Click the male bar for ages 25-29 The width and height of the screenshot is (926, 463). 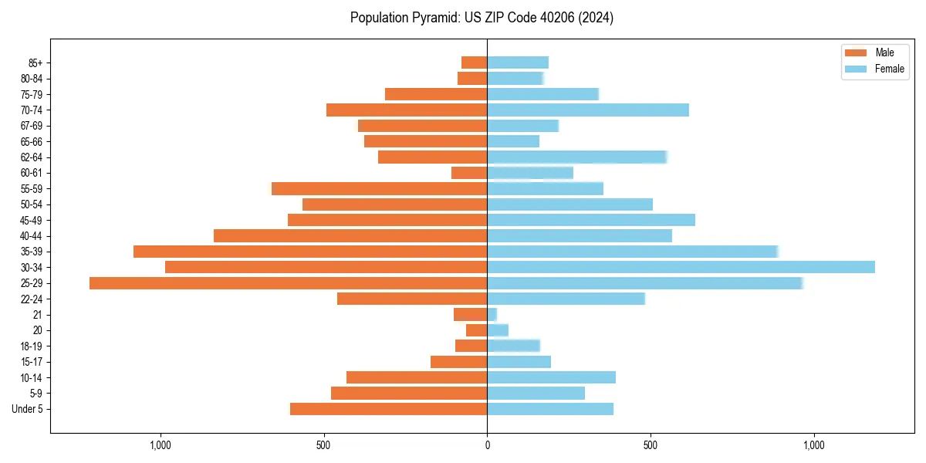(x=288, y=283)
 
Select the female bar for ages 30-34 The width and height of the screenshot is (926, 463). (x=681, y=267)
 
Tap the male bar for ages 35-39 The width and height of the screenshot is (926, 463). (x=310, y=252)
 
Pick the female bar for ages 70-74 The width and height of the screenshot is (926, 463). (x=587, y=110)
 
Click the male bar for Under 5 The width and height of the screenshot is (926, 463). (x=388, y=409)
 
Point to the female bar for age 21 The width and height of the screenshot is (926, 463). (x=492, y=315)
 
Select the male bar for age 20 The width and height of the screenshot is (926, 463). (x=476, y=330)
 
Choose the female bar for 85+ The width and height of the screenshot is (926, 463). (x=518, y=63)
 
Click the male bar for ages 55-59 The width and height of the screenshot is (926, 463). (x=379, y=188)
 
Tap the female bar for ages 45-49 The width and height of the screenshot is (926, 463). (x=591, y=220)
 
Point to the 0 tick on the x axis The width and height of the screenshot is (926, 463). (x=487, y=445)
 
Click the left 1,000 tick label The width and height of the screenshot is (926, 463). (x=160, y=445)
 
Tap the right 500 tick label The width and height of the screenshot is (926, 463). (x=651, y=445)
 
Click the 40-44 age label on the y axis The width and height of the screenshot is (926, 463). (x=32, y=236)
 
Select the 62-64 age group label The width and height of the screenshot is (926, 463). (x=32, y=157)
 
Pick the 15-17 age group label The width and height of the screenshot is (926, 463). (x=32, y=362)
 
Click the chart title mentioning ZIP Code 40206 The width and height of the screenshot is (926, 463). (x=482, y=18)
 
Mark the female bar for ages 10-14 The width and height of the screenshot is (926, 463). (x=551, y=377)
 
